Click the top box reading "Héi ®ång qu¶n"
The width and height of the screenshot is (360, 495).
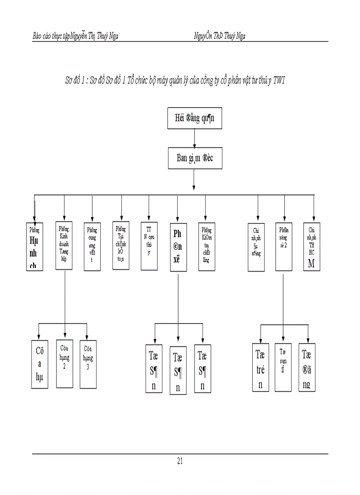click(x=195, y=118)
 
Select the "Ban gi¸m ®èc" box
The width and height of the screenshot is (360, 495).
click(x=195, y=158)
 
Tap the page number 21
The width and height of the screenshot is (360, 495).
click(x=180, y=462)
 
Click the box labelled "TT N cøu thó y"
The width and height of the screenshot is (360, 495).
click(x=149, y=246)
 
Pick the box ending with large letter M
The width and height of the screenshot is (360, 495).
click(x=312, y=246)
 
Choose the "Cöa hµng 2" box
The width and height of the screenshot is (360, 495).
click(x=65, y=364)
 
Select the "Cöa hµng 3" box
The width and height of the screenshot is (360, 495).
click(x=88, y=364)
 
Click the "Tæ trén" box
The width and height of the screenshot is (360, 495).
click(x=260, y=367)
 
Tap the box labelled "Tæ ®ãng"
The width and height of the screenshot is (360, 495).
click(x=307, y=367)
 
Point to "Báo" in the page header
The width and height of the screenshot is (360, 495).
click(x=38, y=36)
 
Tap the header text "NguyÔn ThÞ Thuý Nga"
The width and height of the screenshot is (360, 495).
click(x=219, y=36)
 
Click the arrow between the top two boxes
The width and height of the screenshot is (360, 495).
click(x=195, y=138)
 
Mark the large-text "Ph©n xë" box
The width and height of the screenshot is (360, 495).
click(x=178, y=247)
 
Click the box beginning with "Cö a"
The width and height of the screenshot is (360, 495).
click(x=39, y=364)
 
